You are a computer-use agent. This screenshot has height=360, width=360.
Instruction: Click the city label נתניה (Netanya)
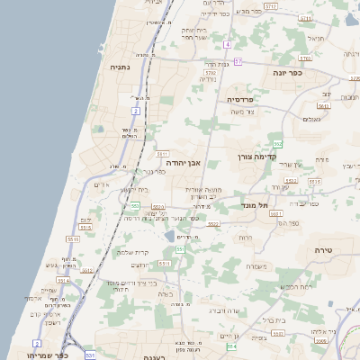click(120, 67)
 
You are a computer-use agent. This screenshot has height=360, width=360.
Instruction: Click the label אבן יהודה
click(183, 163)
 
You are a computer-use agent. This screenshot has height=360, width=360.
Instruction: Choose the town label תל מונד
click(257, 205)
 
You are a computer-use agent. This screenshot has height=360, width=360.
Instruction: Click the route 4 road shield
click(229, 44)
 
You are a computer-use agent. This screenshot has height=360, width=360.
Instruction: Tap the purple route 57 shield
click(238, 61)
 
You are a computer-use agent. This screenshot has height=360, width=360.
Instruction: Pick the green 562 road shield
click(279, 144)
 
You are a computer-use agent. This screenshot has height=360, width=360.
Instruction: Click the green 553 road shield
click(134, 206)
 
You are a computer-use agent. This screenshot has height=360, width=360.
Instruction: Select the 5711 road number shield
click(271, 5)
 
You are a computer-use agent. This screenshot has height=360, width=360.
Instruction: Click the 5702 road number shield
click(210, 73)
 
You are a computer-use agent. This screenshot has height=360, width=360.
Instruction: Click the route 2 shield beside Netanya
click(136, 110)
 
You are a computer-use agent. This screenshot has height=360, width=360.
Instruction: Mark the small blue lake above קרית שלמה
click(168, 236)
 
